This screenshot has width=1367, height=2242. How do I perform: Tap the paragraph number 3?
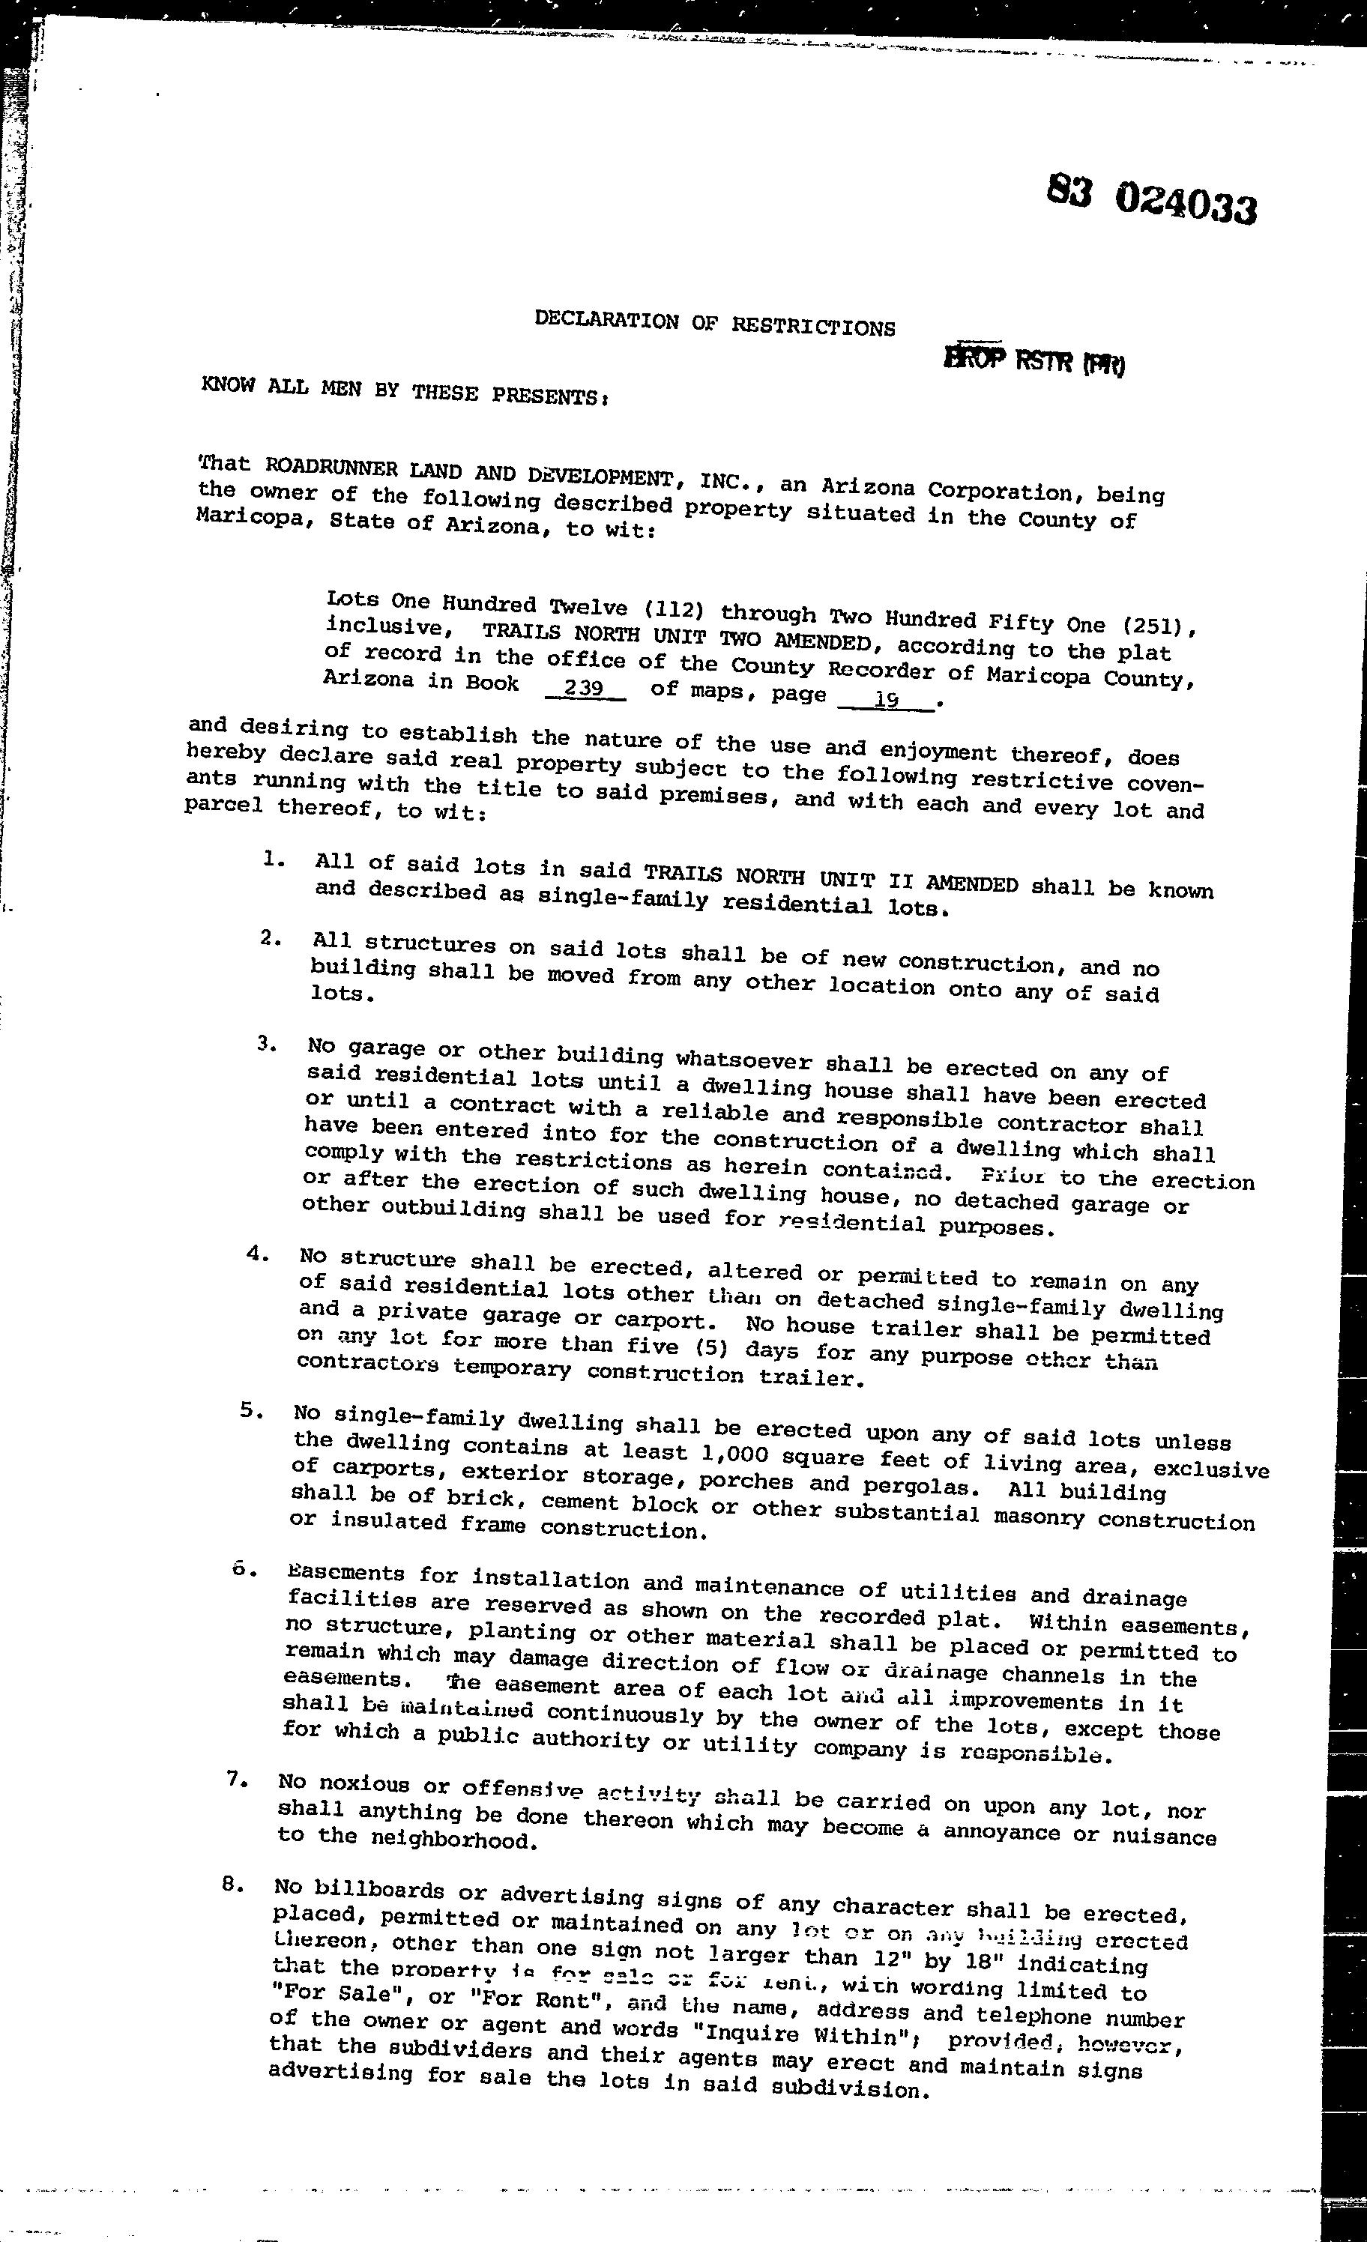point(266,1044)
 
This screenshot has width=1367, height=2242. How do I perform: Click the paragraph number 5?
point(251,1411)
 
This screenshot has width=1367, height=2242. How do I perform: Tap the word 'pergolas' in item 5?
point(920,1487)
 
